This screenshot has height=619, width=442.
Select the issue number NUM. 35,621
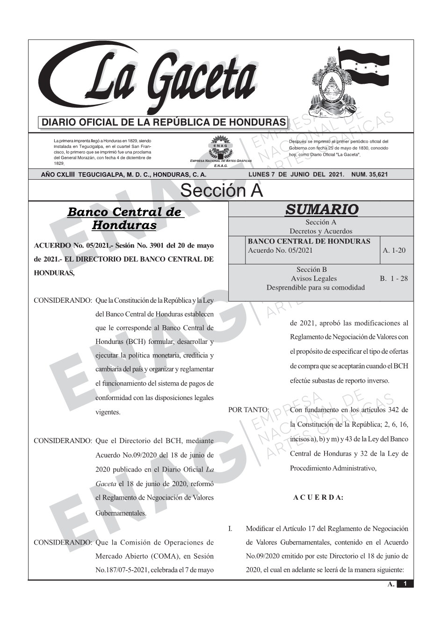(369, 175)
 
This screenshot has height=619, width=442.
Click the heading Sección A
(221, 191)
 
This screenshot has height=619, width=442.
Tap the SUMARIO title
(321, 209)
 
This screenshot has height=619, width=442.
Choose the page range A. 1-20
(394, 250)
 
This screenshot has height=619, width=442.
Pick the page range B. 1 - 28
(394, 278)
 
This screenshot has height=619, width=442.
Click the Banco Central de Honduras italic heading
(124, 218)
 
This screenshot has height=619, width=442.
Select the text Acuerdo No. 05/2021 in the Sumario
(280, 250)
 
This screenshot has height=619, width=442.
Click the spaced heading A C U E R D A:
(318, 497)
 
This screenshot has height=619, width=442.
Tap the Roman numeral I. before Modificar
(230, 529)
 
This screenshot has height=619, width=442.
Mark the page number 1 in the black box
(405, 584)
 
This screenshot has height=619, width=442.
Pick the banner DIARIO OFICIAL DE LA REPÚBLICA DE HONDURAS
(164, 123)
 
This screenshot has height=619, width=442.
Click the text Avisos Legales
(313, 278)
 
